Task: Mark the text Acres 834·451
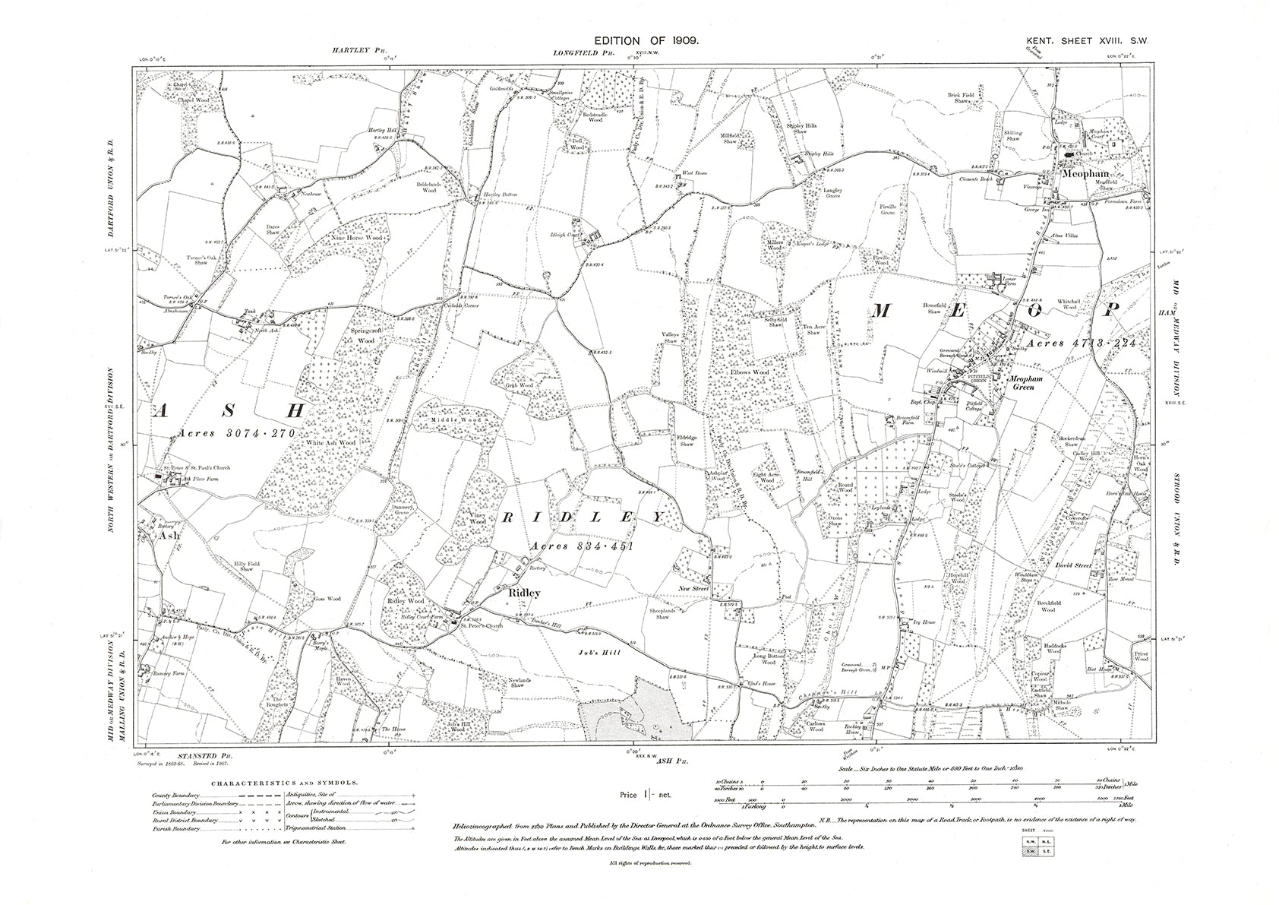(581, 546)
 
